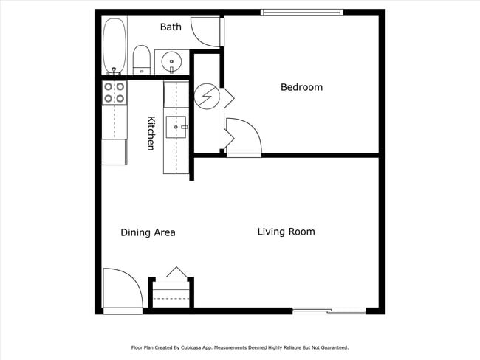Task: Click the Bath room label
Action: click(x=171, y=27)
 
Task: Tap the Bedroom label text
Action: click(x=301, y=87)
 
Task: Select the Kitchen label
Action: click(x=151, y=134)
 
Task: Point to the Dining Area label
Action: click(x=148, y=232)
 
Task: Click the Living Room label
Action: click(x=286, y=232)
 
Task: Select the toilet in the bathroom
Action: click(x=141, y=59)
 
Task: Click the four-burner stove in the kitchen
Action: click(x=114, y=92)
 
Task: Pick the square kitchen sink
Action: click(x=176, y=128)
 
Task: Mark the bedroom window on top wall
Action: click(x=301, y=12)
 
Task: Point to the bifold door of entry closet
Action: click(x=176, y=273)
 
